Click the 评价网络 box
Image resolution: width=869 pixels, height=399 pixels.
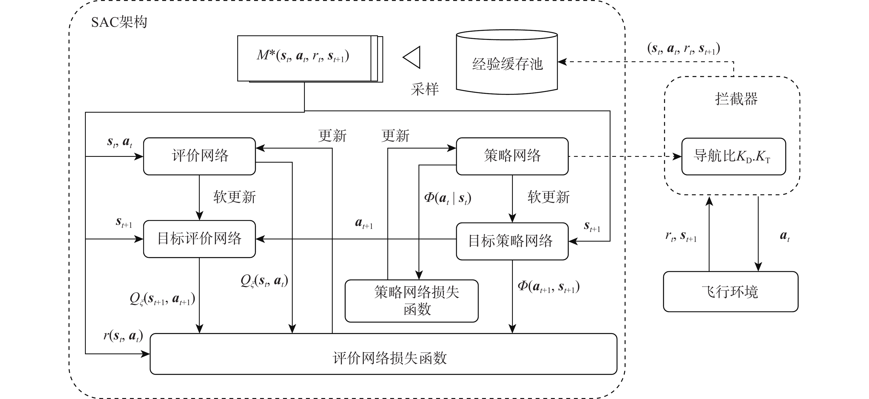(199, 156)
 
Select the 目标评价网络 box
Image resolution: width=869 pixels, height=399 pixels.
(199, 239)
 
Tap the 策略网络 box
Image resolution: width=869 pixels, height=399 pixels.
(512, 156)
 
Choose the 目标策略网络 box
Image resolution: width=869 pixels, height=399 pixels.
(512, 241)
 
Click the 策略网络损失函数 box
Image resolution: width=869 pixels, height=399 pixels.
(412, 301)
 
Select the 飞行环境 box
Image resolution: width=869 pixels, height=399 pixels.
(730, 292)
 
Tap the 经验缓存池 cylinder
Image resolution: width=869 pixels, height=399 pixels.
(507, 64)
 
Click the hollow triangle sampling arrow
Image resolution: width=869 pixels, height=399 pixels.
(412, 57)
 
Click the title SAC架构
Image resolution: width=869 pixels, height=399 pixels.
(119, 22)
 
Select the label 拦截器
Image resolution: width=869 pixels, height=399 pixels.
(736, 99)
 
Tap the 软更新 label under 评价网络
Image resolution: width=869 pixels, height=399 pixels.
(234, 197)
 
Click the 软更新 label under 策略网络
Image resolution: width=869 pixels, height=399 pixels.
(548, 197)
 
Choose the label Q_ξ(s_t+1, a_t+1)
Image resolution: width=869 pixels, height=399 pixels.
(162, 299)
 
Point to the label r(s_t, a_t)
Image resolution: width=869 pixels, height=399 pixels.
(123, 335)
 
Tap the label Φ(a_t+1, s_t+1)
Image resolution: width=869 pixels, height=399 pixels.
(548, 287)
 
